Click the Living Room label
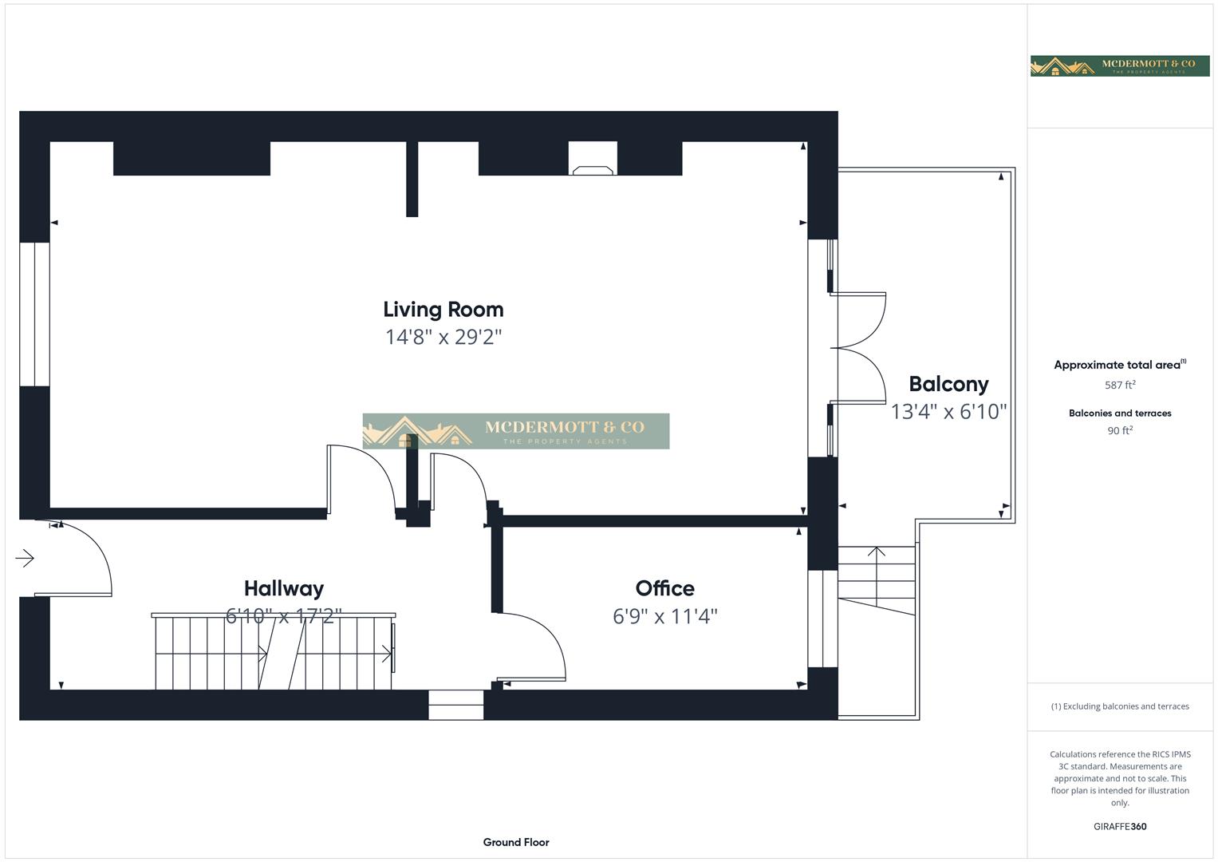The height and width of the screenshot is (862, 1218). [443, 310]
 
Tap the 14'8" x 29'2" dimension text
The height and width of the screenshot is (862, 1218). [443, 337]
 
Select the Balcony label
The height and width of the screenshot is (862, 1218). [948, 384]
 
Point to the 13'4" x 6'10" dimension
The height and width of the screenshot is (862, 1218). [948, 412]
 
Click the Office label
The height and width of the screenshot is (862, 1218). [664, 588]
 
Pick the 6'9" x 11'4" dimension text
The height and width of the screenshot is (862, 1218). [664, 616]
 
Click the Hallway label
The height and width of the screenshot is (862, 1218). [283, 588]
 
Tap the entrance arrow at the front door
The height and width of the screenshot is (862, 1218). [25, 558]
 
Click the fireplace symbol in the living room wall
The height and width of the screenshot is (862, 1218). [593, 169]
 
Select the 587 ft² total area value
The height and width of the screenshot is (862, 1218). [1119, 385]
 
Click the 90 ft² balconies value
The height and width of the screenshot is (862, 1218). [1119, 430]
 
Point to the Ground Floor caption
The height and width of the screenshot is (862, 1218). [515, 842]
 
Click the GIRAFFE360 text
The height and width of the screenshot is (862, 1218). [1119, 826]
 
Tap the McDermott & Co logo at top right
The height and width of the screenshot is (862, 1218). [1119, 65]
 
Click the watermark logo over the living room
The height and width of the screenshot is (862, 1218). [515, 431]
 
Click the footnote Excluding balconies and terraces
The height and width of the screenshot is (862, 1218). [1119, 706]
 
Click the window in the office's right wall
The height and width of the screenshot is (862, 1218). [822, 619]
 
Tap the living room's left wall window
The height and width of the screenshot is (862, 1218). [34, 314]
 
